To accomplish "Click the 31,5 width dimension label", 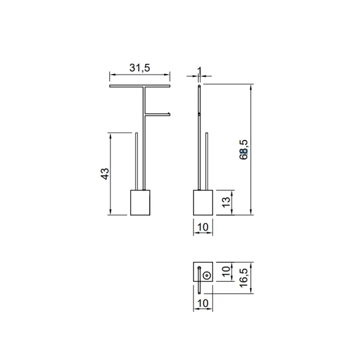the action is pyautogui.click(x=139, y=68).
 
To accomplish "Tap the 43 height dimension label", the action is pyautogui.click(x=105, y=174).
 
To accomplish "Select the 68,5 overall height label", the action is pyautogui.click(x=244, y=150).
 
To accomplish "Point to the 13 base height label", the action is pyautogui.click(x=226, y=202).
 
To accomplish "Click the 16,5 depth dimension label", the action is pyautogui.click(x=244, y=278).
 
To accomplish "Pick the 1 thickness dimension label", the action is pyautogui.click(x=200, y=71).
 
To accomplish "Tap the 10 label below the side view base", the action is pyautogui.click(x=203, y=227).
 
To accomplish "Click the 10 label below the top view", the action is pyautogui.click(x=203, y=303).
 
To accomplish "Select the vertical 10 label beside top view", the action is pyautogui.click(x=226, y=272).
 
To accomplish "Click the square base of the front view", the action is pyautogui.click(x=140, y=203).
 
